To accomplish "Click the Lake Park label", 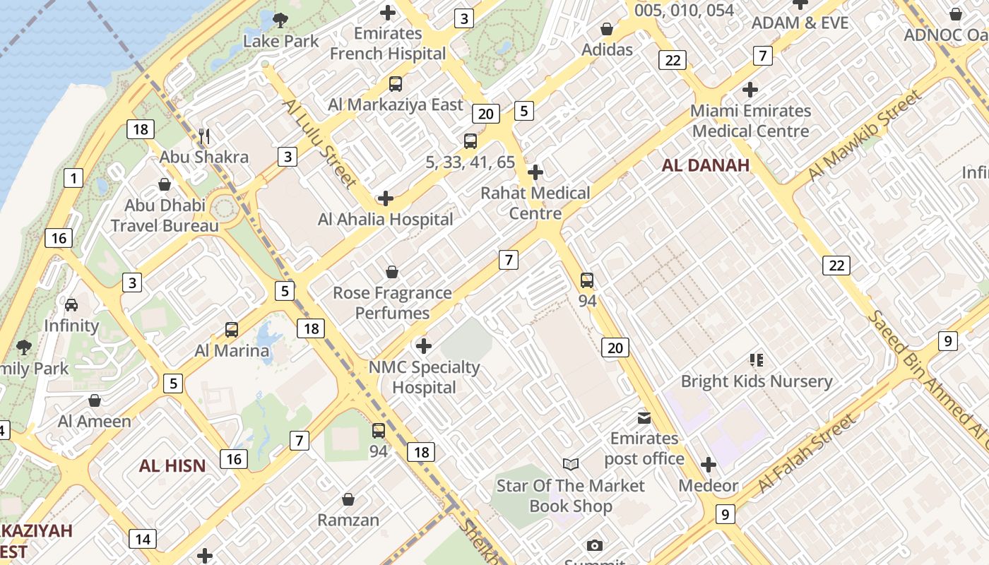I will [281, 41].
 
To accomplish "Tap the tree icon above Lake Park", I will [280, 20].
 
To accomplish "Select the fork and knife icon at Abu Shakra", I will [204, 136].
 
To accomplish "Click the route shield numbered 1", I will [73, 178].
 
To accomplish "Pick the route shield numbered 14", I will [142, 540].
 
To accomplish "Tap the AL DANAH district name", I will [705, 165].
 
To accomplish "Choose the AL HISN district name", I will [172, 466].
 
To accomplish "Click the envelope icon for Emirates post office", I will [644, 417].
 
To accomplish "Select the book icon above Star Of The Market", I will [571, 464].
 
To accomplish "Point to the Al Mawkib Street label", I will [865, 135].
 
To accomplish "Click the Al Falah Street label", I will [806, 453].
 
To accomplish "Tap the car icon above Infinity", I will [71, 305].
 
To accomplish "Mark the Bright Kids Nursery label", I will [757, 381].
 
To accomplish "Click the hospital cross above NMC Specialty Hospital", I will [424, 346].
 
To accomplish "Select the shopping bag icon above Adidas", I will [606, 29].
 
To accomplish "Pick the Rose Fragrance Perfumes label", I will [392, 303].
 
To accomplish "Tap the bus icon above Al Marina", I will [232, 329].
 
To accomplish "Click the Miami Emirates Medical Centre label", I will [750, 121].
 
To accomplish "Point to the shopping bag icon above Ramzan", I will [348, 500].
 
